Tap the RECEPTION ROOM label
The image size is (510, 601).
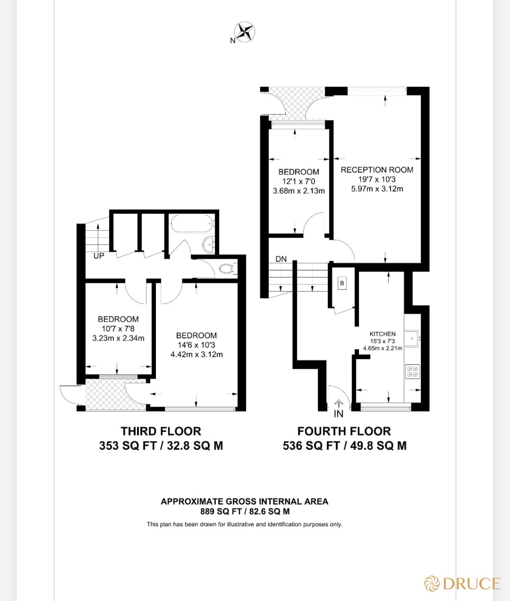click(377, 169)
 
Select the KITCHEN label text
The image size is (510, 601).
click(382, 334)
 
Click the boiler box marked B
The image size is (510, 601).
click(342, 283)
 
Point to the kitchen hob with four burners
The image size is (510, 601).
click(412, 372)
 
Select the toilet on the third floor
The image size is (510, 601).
click(227, 269)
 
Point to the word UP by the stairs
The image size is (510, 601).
click(99, 256)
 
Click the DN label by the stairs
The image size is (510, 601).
click(281, 259)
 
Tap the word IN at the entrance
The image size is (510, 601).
click(339, 414)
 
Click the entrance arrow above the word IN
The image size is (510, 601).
click(339, 404)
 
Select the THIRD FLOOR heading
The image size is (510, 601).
click(161, 431)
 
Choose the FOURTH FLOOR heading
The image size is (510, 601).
click(344, 431)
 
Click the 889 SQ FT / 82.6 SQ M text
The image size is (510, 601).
click(245, 511)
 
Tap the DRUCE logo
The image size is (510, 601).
click(462, 584)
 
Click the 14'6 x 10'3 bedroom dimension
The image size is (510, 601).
click(196, 345)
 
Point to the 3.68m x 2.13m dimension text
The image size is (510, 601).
click(299, 191)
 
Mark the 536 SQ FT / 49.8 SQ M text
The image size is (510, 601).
click(344, 446)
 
